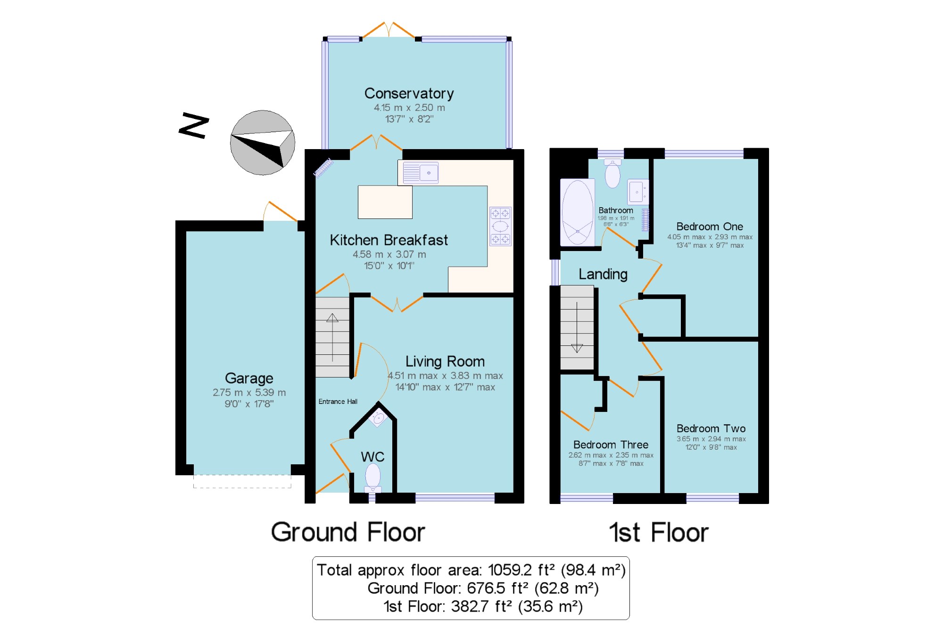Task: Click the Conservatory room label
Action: pos(409,93)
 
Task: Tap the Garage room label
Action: pos(249,378)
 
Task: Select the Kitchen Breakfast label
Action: pos(389,240)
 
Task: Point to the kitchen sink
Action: pos(421,172)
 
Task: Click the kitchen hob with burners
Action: pos(500,226)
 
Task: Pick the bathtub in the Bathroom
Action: pos(578,212)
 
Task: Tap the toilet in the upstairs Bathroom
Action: pos(612,173)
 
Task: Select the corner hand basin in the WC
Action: pos(378,418)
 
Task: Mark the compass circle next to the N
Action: pos(263,143)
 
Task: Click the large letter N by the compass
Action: pos(194,125)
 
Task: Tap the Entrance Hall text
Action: pos(338,402)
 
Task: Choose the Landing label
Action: pos(603,274)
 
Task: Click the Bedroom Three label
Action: pos(611,444)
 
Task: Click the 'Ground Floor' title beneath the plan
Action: pos(348,532)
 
